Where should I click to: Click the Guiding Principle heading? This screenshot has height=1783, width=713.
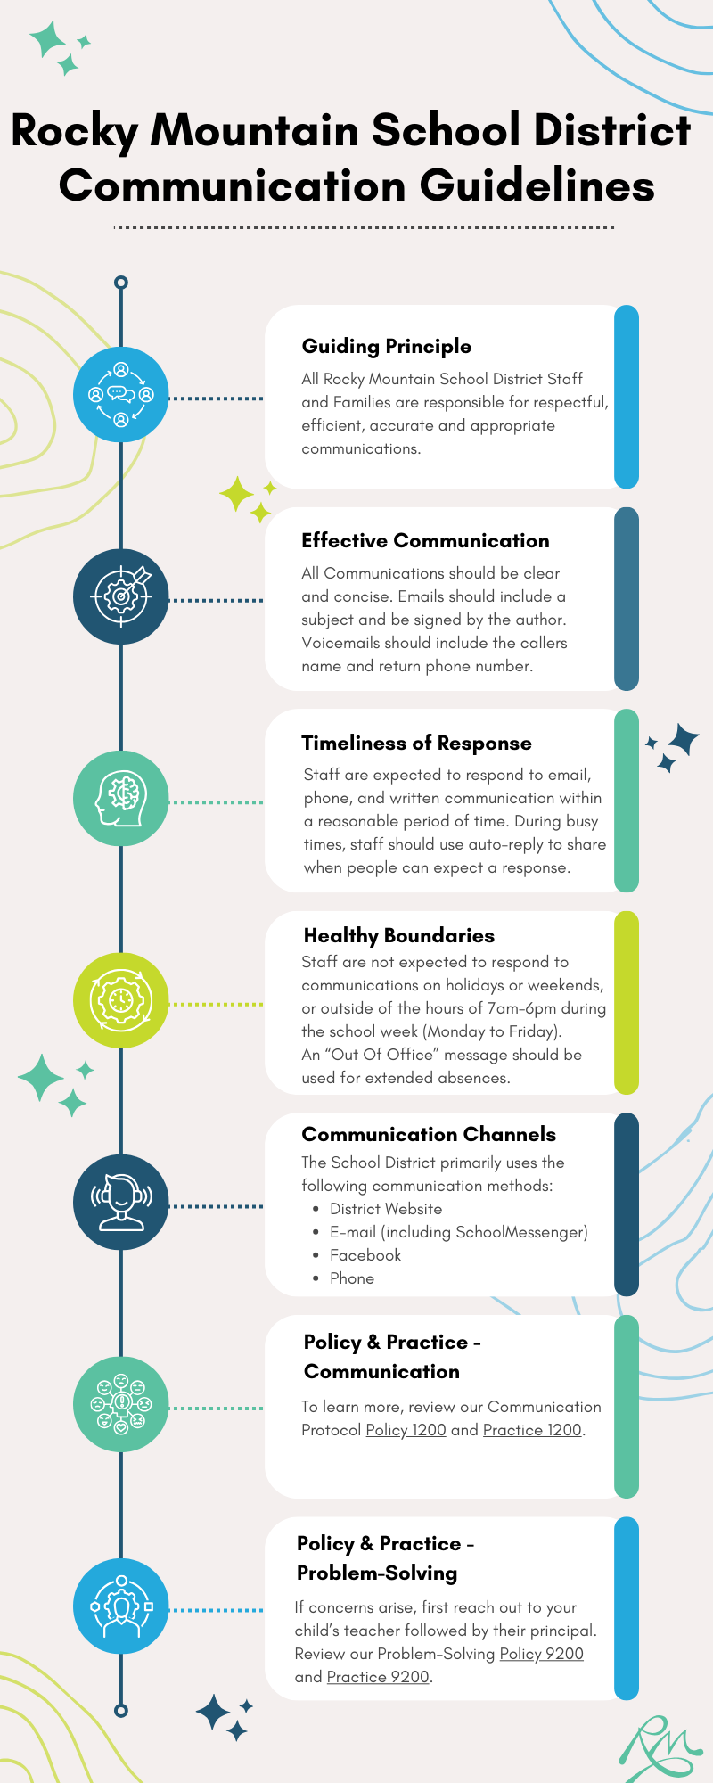click(x=387, y=347)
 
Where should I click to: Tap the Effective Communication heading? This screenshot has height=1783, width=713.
click(x=425, y=540)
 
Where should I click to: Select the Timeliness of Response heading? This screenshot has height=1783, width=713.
click(x=416, y=744)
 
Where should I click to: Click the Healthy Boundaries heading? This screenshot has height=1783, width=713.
click(x=399, y=936)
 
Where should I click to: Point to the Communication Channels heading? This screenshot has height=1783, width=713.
click(x=429, y=1134)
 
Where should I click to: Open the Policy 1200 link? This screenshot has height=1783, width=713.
click(x=406, y=1430)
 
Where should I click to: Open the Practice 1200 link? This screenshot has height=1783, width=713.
click(x=532, y=1430)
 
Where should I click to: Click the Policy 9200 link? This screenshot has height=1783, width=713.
click(x=541, y=1654)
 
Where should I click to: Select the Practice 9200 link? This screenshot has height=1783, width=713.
click(x=378, y=1677)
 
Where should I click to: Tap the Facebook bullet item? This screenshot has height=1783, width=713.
click(x=365, y=1255)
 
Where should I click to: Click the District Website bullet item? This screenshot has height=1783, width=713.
click(x=386, y=1209)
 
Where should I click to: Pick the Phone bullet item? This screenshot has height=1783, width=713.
click(x=352, y=1278)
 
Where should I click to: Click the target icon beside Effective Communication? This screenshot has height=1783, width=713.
click(x=121, y=596)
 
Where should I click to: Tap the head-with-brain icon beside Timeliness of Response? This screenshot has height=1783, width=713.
click(x=121, y=798)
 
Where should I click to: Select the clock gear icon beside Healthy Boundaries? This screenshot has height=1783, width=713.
click(x=121, y=1000)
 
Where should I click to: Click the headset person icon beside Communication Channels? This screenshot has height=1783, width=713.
click(x=121, y=1202)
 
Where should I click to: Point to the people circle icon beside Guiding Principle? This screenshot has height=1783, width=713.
click(x=121, y=394)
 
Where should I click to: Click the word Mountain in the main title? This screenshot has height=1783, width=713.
click(x=255, y=130)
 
